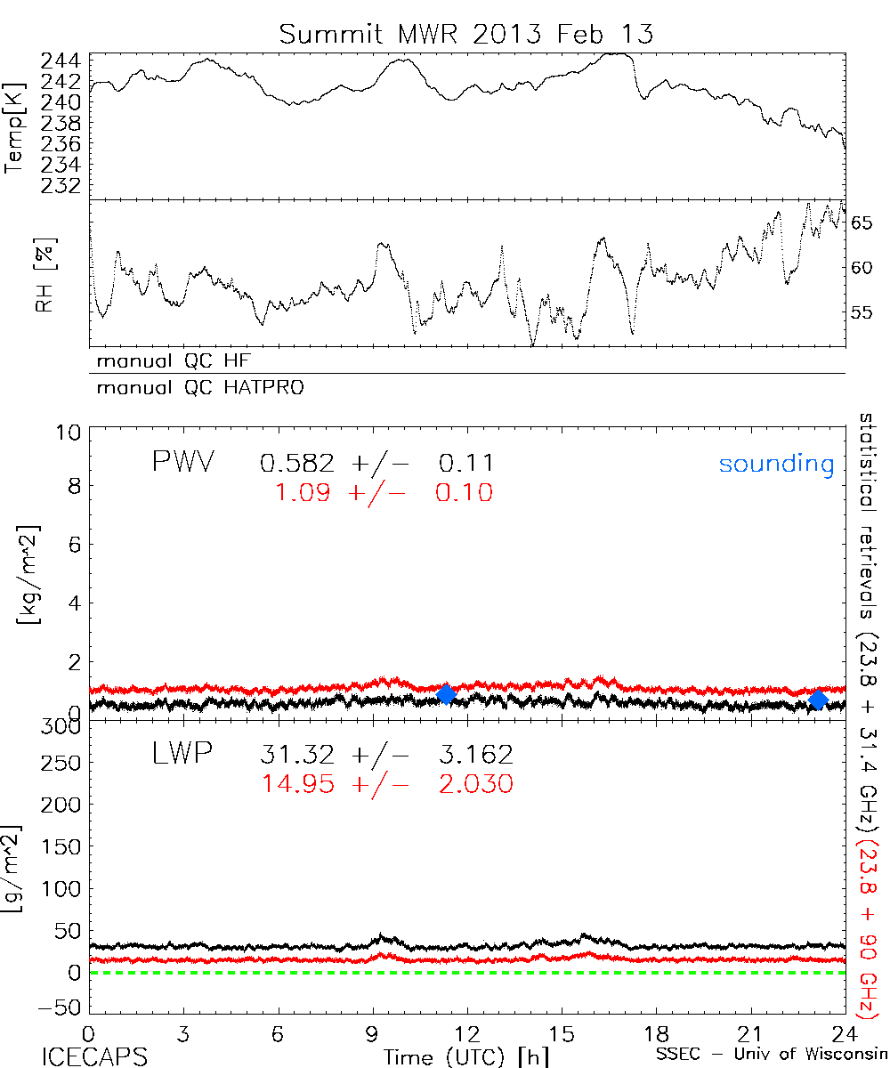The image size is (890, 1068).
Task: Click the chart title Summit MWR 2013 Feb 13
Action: point(466,35)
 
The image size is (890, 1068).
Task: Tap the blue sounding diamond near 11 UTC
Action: point(447,694)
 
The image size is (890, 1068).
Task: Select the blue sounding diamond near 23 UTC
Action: point(818,700)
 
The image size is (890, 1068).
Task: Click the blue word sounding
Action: point(777,464)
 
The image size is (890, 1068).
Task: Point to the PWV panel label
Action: point(182,463)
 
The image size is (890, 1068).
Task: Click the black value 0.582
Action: point(298,463)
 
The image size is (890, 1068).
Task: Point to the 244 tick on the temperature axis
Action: point(61,61)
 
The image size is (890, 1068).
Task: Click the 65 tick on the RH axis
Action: point(862,222)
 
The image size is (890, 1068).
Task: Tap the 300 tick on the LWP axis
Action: point(62,727)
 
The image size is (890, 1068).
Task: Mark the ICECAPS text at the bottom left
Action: point(94,1056)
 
